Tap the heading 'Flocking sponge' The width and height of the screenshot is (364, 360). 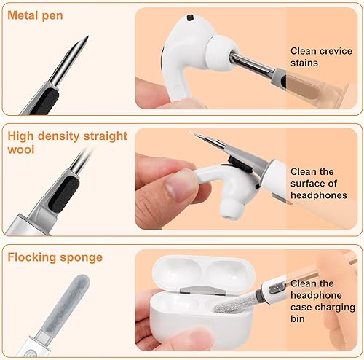tap(55, 257)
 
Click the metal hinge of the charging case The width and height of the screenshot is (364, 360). tap(208, 291)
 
